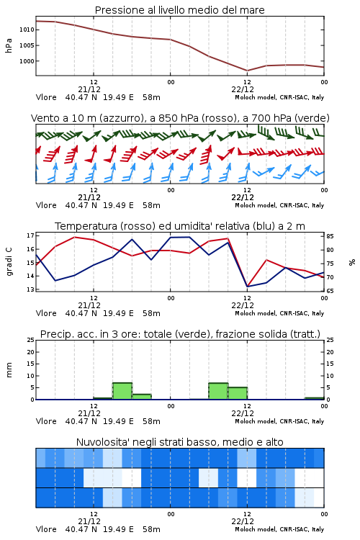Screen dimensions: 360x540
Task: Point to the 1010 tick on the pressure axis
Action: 27,30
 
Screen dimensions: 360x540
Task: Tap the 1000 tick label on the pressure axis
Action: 27,61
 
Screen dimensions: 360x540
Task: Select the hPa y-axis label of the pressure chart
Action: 9,45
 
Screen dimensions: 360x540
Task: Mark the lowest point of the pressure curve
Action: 247,71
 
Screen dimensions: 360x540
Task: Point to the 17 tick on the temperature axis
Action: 31,235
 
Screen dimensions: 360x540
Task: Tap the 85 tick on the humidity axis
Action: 330,236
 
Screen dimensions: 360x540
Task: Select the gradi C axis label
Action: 9,262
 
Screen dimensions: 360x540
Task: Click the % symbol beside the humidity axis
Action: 352,262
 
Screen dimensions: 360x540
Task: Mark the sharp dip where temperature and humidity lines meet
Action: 248,286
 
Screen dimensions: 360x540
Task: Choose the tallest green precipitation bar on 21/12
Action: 122,391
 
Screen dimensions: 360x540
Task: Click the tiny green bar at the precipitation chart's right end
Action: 314,398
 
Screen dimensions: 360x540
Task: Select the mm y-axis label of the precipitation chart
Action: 9,370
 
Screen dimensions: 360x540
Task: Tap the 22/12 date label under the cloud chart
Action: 243,521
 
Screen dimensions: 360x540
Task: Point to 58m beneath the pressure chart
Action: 152,97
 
